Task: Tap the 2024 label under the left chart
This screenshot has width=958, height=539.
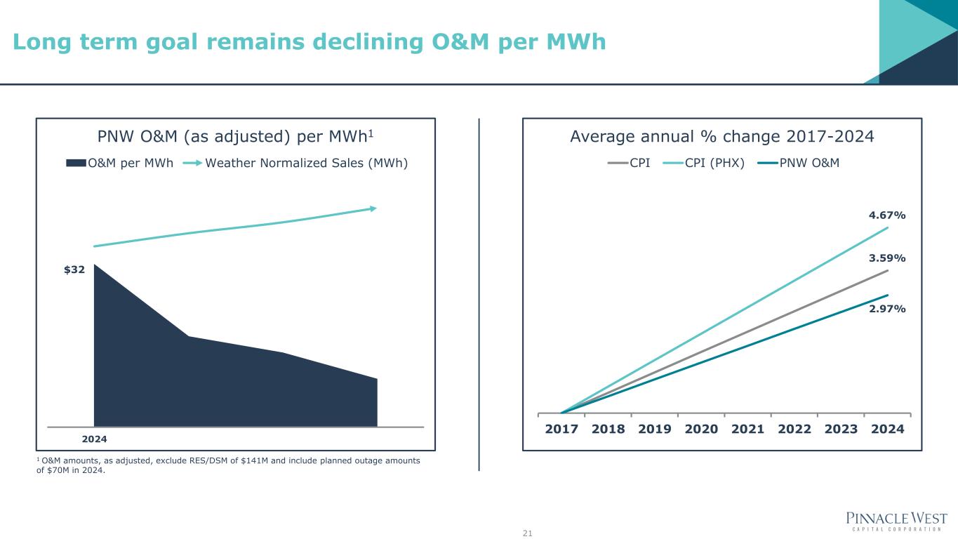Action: tap(95, 439)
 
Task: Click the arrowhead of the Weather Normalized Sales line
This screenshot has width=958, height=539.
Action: tap(373, 208)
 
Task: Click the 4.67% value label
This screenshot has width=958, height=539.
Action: tap(888, 215)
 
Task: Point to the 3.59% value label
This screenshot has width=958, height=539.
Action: tap(888, 258)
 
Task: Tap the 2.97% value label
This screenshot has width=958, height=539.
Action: tap(888, 309)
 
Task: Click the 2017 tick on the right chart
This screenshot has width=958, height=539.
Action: tap(561, 429)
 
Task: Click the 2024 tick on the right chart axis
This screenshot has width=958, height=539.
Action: tap(887, 429)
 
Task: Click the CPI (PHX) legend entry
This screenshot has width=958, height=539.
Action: tap(714, 164)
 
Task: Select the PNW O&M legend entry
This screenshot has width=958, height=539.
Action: tap(809, 164)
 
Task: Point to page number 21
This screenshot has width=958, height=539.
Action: tap(528, 534)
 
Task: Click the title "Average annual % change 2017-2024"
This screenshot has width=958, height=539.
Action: tap(722, 136)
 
